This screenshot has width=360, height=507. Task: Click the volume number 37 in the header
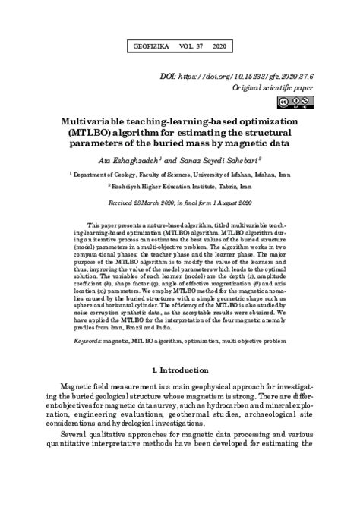coord(197,46)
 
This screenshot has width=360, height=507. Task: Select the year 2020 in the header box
coord(221,46)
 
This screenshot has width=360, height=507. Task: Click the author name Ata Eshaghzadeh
coord(130,159)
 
